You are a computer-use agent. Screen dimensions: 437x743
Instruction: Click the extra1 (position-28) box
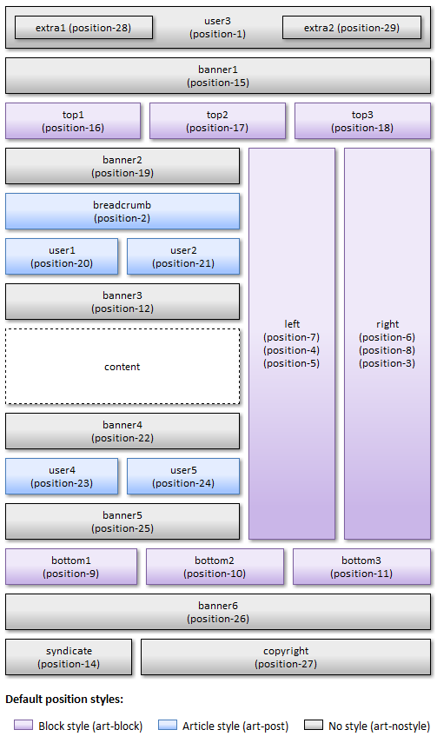(84, 28)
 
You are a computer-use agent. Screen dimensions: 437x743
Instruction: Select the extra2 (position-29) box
(352, 28)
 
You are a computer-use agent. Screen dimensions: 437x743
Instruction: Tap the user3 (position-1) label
(217, 28)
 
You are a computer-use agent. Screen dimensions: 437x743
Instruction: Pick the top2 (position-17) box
(217, 121)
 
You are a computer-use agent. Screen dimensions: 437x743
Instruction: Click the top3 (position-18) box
(362, 121)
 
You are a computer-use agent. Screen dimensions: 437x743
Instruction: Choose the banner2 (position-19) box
(122, 166)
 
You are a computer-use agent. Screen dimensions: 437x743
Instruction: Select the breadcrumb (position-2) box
(122, 211)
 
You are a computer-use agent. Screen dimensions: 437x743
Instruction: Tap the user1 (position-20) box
(62, 256)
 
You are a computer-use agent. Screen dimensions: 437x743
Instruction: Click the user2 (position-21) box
(183, 256)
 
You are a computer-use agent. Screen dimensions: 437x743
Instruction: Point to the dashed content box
(122, 367)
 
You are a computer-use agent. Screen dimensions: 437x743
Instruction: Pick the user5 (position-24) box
(183, 476)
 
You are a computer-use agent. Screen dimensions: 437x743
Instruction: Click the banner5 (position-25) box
(122, 521)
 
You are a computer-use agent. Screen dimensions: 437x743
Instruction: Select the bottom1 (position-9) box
(71, 567)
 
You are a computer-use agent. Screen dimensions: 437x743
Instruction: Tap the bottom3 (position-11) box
(361, 567)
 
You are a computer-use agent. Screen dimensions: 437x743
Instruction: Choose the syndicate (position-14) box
(69, 657)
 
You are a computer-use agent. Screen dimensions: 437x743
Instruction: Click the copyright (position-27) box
(286, 657)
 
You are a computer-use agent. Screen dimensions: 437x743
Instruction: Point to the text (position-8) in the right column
(387, 350)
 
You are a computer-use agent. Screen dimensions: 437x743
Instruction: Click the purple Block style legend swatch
(23, 725)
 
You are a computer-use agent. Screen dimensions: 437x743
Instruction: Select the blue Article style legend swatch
(168, 725)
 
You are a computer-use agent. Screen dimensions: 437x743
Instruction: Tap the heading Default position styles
(64, 700)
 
